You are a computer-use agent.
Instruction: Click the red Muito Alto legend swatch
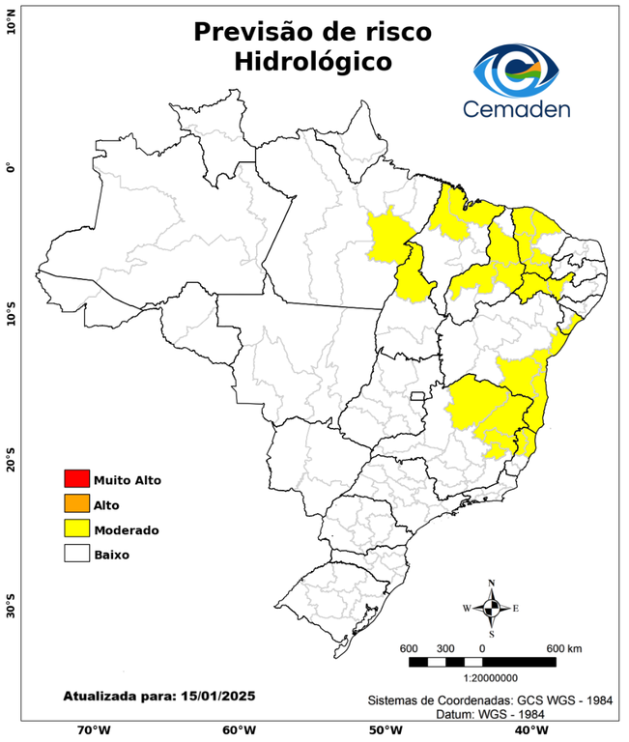pyautogui.click(x=75, y=478)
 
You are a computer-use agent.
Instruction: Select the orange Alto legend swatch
pyautogui.click(x=75, y=503)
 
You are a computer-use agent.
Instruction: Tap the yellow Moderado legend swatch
pyautogui.click(x=75, y=528)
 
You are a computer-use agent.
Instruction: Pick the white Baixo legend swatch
pyautogui.click(x=75, y=554)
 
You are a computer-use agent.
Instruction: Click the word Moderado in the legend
pyautogui.click(x=127, y=529)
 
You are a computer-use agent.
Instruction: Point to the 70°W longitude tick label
pyautogui.click(x=94, y=729)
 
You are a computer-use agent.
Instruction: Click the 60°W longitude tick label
pyautogui.click(x=239, y=729)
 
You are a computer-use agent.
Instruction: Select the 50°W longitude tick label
pyautogui.click(x=383, y=729)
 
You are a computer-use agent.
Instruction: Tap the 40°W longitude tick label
pyautogui.click(x=528, y=729)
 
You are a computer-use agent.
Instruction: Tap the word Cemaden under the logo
pyautogui.click(x=516, y=108)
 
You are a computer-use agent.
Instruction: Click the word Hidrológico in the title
pyautogui.click(x=312, y=61)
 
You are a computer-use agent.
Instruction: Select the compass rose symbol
pyautogui.click(x=491, y=608)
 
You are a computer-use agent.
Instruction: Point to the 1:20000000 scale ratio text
pyautogui.click(x=482, y=678)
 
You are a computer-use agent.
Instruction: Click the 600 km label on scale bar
pyautogui.click(x=564, y=647)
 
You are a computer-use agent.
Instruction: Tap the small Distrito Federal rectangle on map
pyautogui.click(x=418, y=395)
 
